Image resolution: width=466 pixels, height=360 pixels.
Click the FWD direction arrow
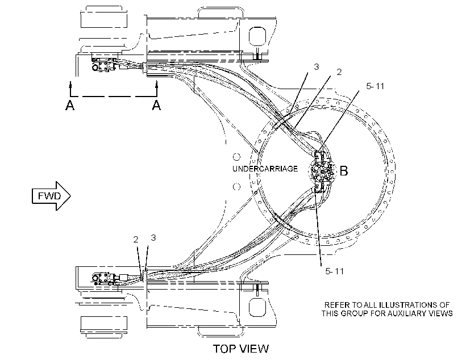tap(51, 196)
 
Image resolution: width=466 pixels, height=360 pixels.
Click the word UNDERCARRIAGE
tap(265, 169)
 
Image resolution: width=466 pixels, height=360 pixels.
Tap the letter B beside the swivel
tap(344, 171)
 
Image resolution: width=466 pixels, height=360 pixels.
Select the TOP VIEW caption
tap(241, 349)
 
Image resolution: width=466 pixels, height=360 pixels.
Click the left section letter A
tap(70, 105)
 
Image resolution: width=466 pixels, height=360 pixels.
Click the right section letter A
tap(157, 105)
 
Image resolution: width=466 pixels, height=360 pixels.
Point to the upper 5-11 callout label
tap(375, 86)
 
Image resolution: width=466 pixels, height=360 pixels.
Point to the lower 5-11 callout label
tap(334, 271)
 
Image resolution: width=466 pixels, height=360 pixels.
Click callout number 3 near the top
tap(317, 67)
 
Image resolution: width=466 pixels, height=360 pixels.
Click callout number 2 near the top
tap(339, 72)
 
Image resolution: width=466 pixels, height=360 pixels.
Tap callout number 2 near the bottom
tap(136, 240)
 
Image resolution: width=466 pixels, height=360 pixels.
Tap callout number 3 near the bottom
tap(153, 237)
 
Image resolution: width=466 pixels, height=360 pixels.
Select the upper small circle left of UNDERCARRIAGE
tap(236, 157)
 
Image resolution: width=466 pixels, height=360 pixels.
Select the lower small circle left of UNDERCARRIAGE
tap(236, 187)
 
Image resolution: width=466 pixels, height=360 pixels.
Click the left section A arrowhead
tap(70, 84)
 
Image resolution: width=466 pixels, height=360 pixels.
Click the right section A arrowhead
tap(157, 84)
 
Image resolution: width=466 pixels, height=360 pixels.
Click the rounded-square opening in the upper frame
tap(257, 36)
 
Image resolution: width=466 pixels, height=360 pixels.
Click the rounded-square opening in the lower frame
tap(257, 308)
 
